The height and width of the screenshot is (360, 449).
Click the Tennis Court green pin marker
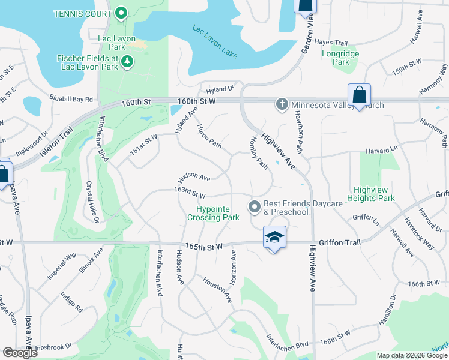tap(121, 13)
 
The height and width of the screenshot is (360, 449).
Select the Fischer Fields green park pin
tap(127, 61)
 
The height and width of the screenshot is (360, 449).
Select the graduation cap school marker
tap(274, 237)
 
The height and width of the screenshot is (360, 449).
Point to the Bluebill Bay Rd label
tap(72, 99)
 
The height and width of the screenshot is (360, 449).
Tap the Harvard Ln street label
tap(385, 148)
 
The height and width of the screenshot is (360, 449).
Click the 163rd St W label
tap(190, 195)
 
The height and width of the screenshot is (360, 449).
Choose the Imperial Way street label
tap(63, 265)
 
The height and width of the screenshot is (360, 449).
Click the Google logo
tap(20, 353)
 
